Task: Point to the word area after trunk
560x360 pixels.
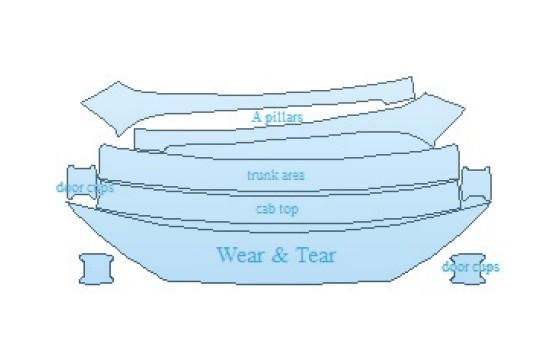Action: click(x=290, y=176)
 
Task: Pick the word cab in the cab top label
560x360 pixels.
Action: click(x=265, y=209)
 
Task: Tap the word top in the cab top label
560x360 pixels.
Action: click(x=287, y=210)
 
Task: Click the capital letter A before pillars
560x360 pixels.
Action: click(x=256, y=117)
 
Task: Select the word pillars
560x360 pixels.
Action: click(x=284, y=117)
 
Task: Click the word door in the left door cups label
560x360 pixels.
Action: click(x=68, y=187)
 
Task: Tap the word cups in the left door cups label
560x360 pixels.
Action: click(x=99, y=188)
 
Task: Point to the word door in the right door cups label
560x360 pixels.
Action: click(x=454, y=266)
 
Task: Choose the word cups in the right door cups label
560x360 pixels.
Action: click(x=484, y=268)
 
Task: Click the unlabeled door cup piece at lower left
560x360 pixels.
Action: click(x=96, y=269)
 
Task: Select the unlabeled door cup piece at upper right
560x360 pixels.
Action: click(x=476, y=183)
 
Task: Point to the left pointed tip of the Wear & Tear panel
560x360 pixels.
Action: click(x=66, y=202)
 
